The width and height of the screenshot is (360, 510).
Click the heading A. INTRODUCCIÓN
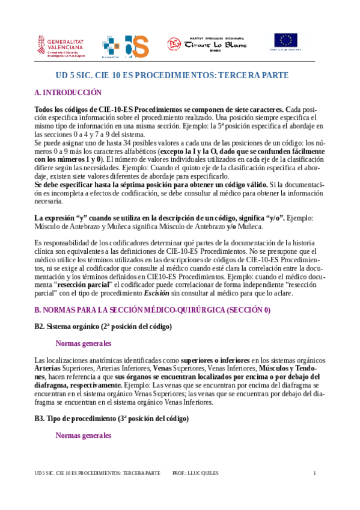tap(68, 93)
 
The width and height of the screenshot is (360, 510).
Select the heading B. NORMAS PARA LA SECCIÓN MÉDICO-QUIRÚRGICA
tap(153, 310)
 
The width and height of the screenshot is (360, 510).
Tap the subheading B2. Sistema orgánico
tap(103, 327)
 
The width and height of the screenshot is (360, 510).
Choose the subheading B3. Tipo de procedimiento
tap(112, 418)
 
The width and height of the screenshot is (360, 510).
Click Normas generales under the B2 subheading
tap(83, 343)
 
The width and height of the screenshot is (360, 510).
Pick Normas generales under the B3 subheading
tap(83, 435)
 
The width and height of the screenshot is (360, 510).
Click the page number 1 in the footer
tap(314, 473)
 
